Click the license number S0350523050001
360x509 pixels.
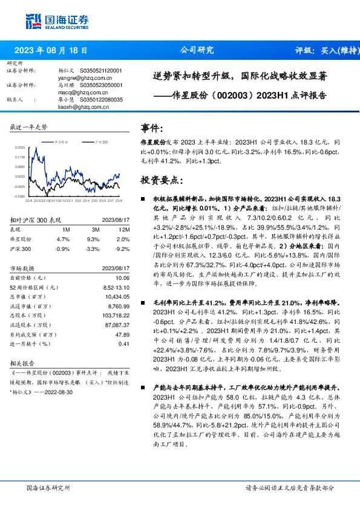[102, 85]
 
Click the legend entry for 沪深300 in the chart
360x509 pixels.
[99, 140]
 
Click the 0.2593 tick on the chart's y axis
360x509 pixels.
[20, 147]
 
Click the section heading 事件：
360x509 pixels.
[152, 128]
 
